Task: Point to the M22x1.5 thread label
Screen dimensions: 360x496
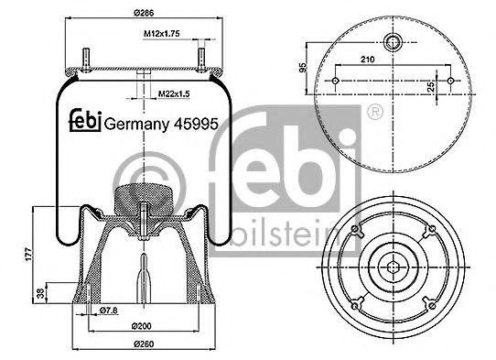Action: (171, 93)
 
